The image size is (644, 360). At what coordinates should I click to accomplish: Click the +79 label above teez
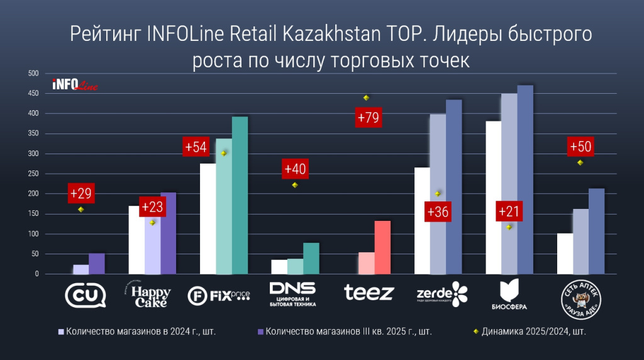coord(369,118)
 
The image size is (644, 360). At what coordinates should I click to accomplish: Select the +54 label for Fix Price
coord(195,147)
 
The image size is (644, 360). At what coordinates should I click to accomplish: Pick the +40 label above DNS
coord(295,169)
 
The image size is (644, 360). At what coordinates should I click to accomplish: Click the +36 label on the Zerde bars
coord(438,212)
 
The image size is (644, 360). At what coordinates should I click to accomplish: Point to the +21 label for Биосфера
coord(509,211)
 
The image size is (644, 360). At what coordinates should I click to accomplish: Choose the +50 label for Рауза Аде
coord(580,147)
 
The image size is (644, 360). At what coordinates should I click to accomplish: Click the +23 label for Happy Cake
coord(152,207)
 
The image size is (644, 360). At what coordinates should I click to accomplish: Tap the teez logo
coord(369,292)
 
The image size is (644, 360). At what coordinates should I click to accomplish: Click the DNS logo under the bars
coord(292,293)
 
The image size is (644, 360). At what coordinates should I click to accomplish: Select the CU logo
coord(86,294)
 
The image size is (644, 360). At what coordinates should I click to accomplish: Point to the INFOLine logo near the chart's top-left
coord(74,84)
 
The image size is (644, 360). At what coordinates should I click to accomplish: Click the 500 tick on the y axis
coord(33,74)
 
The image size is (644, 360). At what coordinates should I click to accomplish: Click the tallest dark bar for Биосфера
coord(525,180)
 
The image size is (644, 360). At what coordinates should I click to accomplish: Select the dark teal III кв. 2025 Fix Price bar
coord(240,196)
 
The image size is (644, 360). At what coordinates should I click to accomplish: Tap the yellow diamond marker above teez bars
coord(366,98)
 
